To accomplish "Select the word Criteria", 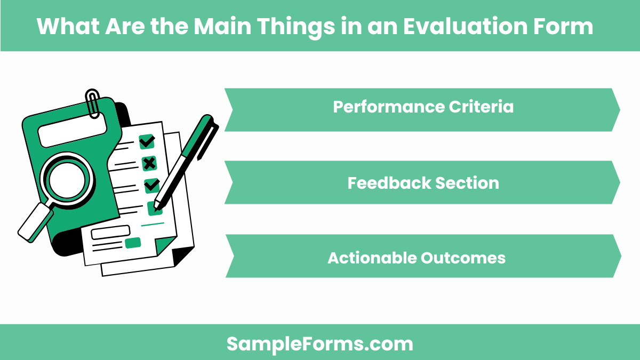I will tap(482, 107).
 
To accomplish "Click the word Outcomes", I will tap(463, 258).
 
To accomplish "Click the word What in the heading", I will tap(63, 26).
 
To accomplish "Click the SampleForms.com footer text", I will tap(320, 344).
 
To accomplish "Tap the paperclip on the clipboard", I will tap(93, 103).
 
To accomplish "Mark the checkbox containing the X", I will tap(149, 163).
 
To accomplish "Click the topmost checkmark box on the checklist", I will tap(147, 141).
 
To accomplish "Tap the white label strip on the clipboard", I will tap(73, 129).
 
